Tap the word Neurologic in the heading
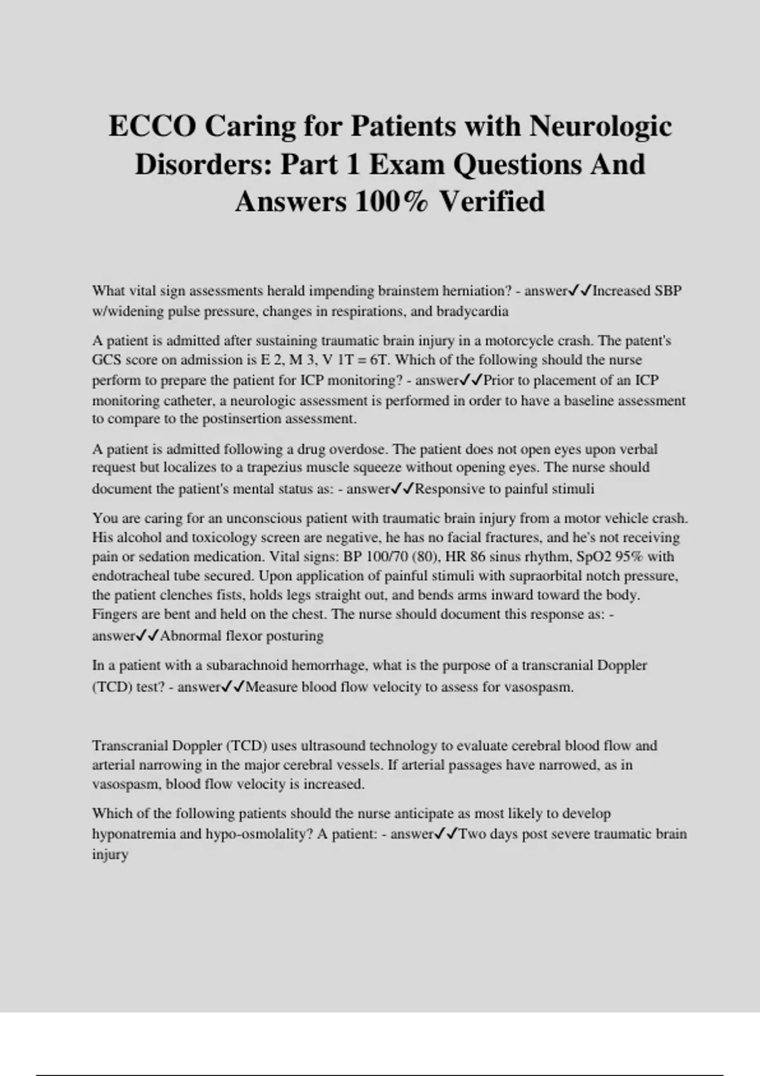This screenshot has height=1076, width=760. (x=600, y=126)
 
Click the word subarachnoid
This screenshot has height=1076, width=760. (x=249, y=665)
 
